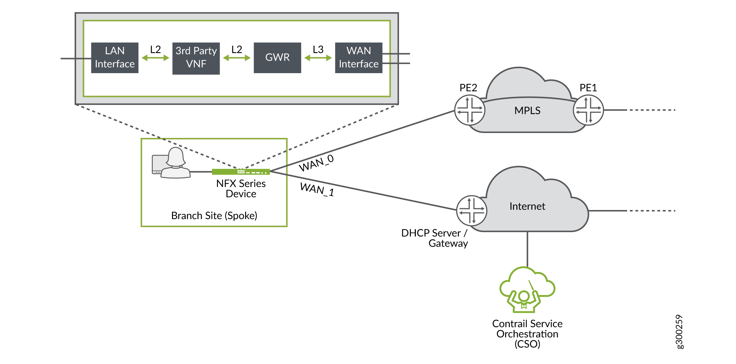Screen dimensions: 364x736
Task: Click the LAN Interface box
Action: pos(115,58)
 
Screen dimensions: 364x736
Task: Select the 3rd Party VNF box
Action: pos(196,58)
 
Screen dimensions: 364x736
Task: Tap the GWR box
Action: pos(277,58)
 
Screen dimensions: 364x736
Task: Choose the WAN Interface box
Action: pos(358,58)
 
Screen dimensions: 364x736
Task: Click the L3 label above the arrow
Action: pos(318,49)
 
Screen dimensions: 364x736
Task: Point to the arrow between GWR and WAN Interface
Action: pos(318,58)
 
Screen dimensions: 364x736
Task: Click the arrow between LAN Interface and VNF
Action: pos(155,58)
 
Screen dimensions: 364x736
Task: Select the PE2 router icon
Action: pos(470,110)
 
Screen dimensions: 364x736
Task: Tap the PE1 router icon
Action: pos(588,110)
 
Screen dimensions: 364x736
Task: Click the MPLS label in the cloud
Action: pos(527,111)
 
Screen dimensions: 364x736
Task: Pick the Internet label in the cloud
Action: pos(527,206)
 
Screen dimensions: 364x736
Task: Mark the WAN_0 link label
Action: pos(316,163)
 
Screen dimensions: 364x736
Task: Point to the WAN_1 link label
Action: pos(317,189)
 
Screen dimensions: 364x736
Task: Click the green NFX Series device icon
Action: pos(241,171)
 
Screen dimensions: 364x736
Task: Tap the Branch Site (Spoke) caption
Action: pos(214,216)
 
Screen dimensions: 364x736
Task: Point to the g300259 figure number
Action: pos(679,331)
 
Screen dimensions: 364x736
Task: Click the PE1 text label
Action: pos(588,87)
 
